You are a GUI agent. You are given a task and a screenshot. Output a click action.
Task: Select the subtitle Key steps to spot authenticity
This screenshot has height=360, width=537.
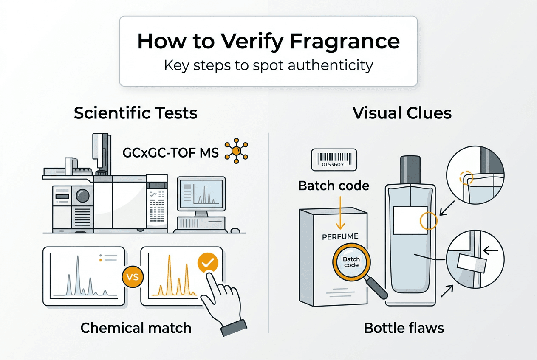pos(268,65)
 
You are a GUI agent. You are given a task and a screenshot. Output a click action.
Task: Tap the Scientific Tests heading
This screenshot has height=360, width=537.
pos(136,113)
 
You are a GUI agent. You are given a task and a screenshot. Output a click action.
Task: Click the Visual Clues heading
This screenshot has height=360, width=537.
pos(402,113)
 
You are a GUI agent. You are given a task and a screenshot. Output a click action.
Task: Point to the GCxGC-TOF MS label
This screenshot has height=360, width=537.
pos(170,153)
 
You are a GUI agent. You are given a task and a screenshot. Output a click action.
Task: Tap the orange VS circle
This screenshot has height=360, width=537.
pos(133,277)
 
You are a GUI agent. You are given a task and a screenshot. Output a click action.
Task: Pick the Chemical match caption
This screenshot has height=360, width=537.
pos(136,328)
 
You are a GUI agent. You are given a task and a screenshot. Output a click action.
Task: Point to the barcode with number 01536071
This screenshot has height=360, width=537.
pos(334,160)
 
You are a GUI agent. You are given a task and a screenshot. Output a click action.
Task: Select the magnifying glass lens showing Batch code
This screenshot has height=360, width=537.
pos(351,262)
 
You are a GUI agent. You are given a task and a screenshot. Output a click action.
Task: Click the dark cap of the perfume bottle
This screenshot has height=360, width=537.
pos(410,169)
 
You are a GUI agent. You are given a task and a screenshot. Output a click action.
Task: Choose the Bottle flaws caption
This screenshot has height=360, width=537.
pos(404,328)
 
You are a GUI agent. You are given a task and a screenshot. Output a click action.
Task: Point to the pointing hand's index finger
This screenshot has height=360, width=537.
pos(209,281)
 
